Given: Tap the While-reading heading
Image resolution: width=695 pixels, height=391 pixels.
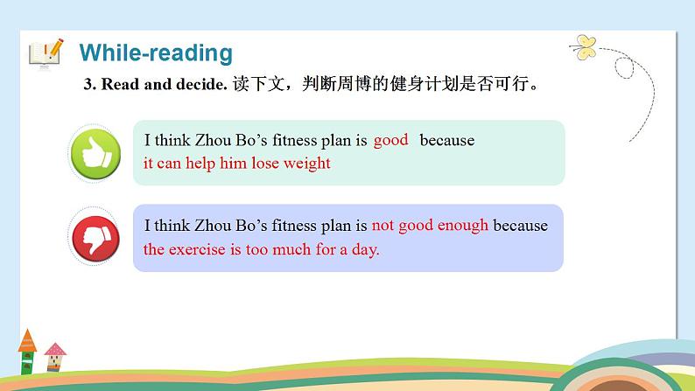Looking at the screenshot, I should click(156, 52).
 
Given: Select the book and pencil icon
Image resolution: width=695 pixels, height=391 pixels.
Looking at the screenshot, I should click(46, 52).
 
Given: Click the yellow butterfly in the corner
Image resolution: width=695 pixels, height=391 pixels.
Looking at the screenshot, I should click(584, 44).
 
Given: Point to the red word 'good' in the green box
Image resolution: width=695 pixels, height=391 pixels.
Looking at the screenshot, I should click(390, 140).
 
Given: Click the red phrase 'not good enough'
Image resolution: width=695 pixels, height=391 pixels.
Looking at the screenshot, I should click(430, 226).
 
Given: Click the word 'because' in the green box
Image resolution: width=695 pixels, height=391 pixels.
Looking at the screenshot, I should click(446, 140).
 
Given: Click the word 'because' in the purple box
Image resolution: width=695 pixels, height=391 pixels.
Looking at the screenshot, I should click(520, 226).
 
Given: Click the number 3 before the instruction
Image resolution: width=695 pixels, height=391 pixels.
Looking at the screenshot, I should click(87, 85).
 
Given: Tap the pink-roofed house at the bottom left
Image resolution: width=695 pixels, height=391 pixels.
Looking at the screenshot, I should click(55, 357).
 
